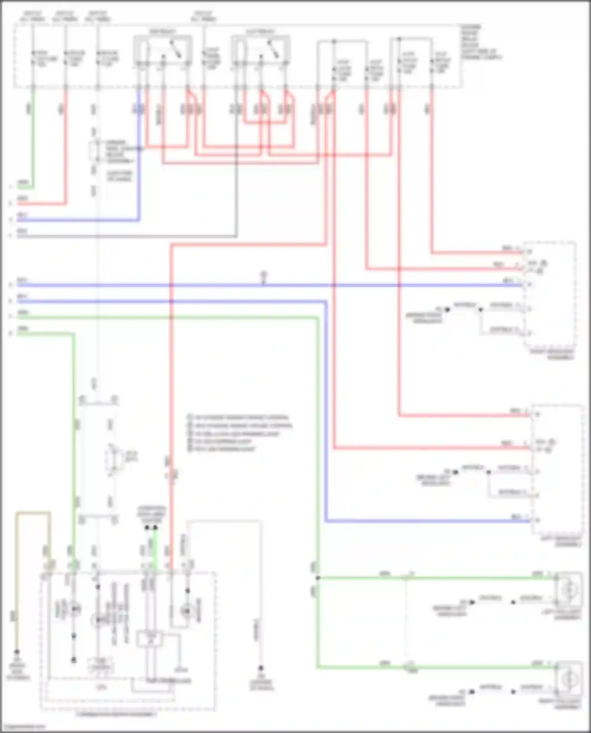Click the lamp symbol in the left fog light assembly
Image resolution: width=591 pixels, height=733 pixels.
coord(569,590)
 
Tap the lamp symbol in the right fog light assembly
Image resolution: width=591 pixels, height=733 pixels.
coord(569,678)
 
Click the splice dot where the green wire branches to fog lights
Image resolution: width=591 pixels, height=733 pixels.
coord(318,578)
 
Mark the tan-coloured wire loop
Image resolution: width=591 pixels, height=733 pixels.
coord(33,513)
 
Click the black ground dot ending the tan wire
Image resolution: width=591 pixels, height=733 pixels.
coord(17,652)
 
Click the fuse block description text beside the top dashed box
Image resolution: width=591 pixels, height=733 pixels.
coord(481,42)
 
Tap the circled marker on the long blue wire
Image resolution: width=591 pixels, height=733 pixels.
coord(264,275)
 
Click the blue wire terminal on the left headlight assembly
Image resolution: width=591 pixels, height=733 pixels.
coord(537,521)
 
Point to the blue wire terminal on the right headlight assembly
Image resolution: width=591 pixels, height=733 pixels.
coord(530,284)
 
